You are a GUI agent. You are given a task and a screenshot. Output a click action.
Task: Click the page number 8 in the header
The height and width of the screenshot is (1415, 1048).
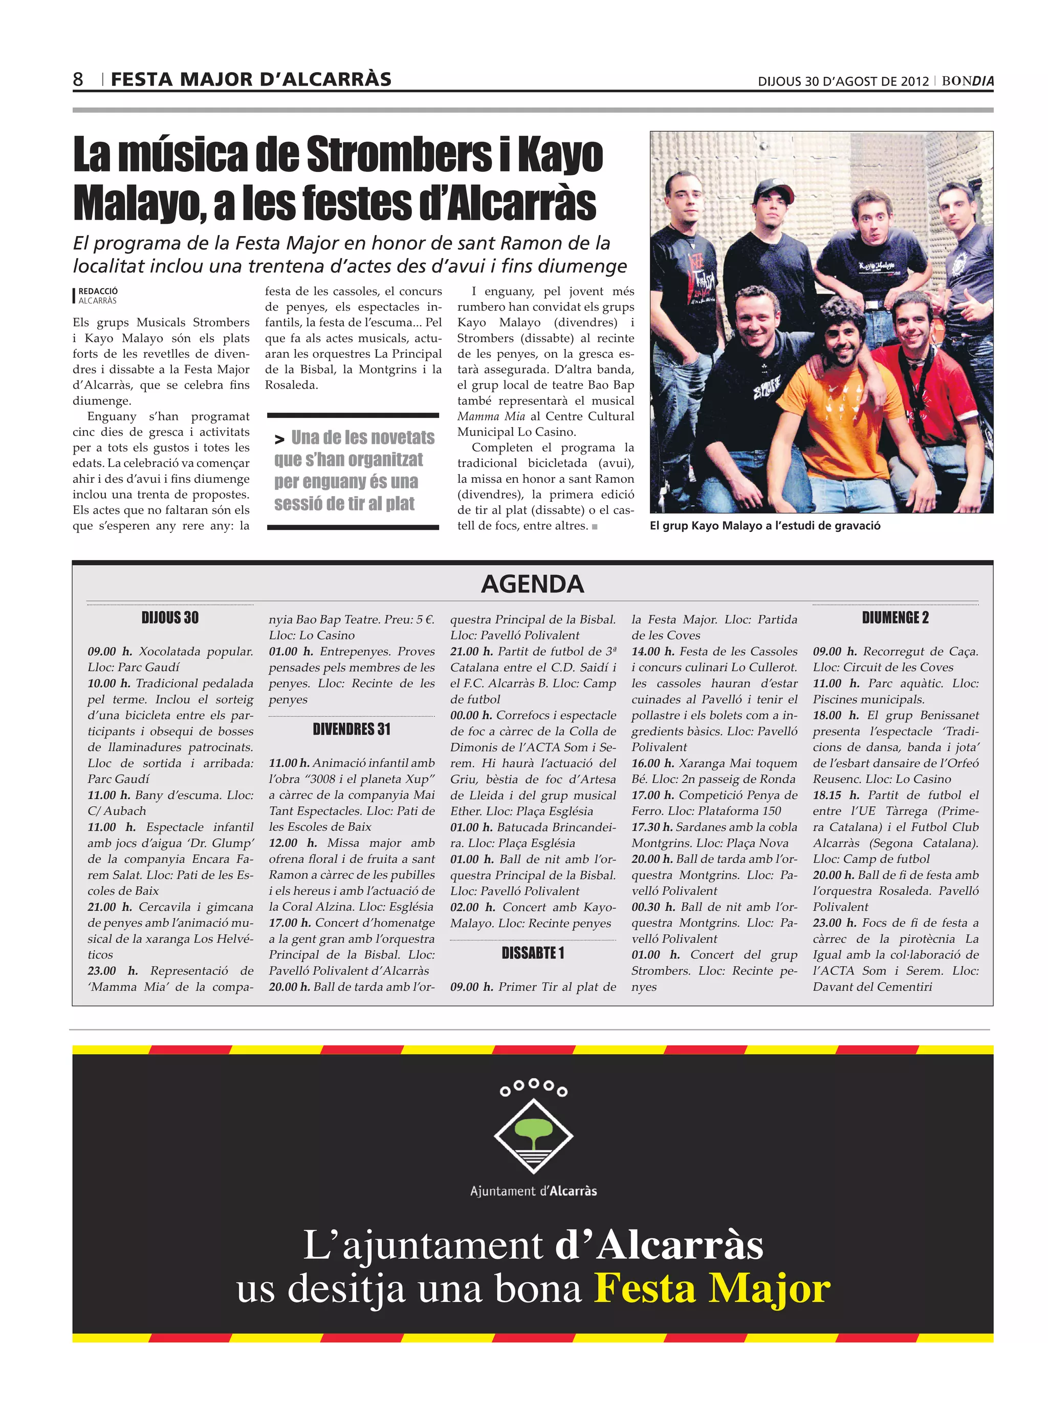tap(78, 79)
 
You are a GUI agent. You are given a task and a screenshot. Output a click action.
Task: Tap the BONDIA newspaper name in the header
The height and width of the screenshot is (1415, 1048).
tap(968, 81)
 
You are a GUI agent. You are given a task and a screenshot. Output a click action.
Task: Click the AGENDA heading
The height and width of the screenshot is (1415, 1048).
tap(532, 584)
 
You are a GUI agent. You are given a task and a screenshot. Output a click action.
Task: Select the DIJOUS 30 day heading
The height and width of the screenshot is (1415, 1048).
tap(170, 617)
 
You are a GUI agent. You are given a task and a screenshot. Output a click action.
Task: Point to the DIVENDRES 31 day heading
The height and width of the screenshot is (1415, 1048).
tap(352, 729)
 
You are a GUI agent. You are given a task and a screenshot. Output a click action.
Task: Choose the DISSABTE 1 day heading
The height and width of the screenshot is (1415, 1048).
tap(532, 953)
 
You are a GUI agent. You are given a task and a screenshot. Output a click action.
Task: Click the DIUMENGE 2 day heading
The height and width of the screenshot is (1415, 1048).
tap(895, 617)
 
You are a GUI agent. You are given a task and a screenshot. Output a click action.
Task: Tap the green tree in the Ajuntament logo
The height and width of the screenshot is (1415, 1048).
tap(533, 1130)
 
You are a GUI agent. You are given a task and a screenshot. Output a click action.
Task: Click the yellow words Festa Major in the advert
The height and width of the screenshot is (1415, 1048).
tap(712, 1288)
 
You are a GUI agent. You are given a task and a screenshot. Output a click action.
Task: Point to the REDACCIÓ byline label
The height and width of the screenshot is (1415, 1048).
tap(98, 291)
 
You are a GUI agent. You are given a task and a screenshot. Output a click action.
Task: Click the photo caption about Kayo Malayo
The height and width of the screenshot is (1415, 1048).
tap(765, 525)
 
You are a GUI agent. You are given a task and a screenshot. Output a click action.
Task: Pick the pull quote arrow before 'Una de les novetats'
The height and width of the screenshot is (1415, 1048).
tap(279, 439)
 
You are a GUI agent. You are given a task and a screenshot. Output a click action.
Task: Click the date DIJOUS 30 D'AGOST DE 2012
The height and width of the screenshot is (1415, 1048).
tap(843, 81)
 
